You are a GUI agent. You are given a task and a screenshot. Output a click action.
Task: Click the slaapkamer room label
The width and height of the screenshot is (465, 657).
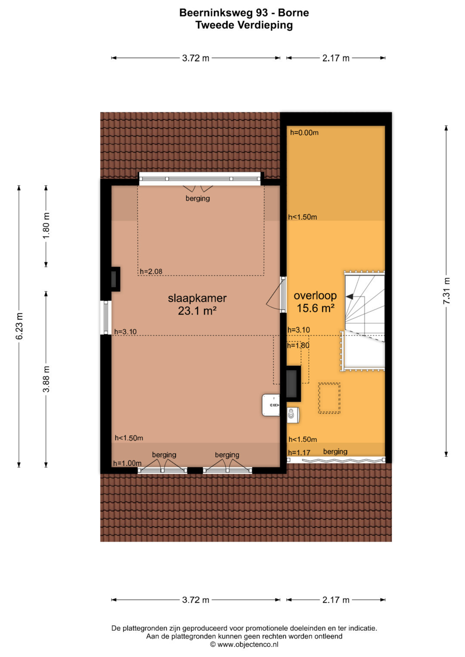click(x=197, y=298)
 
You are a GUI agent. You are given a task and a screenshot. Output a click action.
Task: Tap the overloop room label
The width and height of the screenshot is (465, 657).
click(x=315, y=296)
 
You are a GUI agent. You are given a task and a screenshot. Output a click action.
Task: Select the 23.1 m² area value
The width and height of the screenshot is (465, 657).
click(x=197, y=311)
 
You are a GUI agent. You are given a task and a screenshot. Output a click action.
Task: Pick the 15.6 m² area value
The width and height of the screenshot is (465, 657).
click(x=315, y=308)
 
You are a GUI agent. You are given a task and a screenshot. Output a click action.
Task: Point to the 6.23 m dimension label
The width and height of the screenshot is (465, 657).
click(x=19, y=326)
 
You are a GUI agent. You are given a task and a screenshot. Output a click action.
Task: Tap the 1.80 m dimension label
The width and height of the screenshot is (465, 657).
click(x=46, y=225)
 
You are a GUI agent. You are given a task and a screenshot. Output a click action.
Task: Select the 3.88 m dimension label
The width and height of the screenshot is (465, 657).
click(x=46, y=379)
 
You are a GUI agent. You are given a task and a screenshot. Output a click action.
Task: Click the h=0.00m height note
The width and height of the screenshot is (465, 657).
click(x=304, y=133)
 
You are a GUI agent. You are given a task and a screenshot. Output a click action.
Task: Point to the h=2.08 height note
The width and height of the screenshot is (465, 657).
click(x=151, y=271)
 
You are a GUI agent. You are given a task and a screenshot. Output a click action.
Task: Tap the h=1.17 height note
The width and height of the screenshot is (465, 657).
click(x=299, y=453)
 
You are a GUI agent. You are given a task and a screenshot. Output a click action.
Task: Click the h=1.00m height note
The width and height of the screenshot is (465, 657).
click(x=127, y=463)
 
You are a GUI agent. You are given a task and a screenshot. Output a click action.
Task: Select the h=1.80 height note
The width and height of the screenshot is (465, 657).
click(x=298, y=345)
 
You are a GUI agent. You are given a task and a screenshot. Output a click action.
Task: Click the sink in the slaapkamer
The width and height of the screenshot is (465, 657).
click(x=271, y=405)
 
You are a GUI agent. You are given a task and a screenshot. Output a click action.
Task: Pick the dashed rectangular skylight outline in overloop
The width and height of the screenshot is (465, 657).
click(x=329, y=398)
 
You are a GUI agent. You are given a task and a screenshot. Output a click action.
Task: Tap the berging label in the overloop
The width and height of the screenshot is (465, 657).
click(x=335, y=452)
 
